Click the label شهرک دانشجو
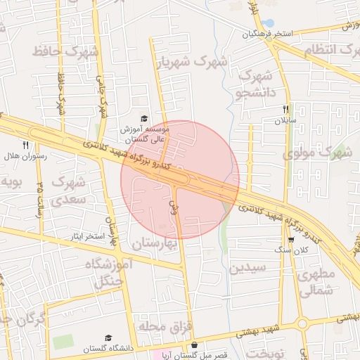click(257, 84)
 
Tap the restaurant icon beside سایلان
click(285, 110)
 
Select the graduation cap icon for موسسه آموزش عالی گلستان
click(144, 119)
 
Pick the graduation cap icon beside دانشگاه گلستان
click(108, 338)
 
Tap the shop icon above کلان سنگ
click(291, 240)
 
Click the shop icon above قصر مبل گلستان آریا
click(194, 345)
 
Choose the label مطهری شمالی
click(316, 283)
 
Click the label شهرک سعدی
click(68, 191)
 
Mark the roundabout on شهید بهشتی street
click(302, 324)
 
